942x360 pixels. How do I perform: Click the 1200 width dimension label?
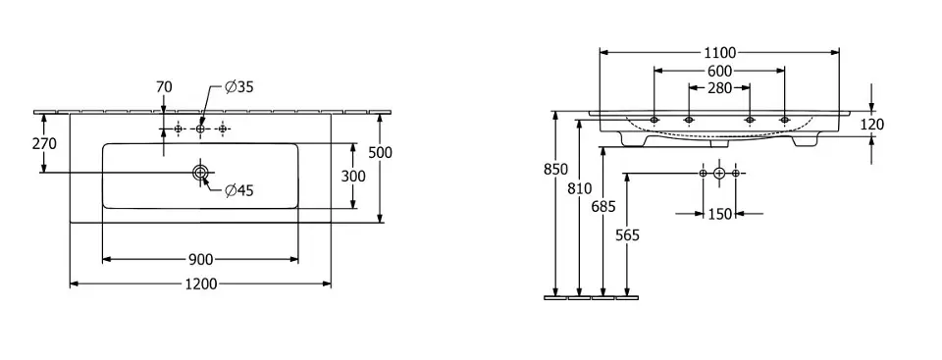point(200,283)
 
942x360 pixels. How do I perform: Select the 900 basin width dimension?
point(200,260)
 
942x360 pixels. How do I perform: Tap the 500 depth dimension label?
point(380,153)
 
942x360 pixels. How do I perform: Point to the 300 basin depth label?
point(353,177)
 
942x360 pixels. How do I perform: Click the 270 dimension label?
point(44,144)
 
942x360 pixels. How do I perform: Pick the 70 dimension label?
point(164,87)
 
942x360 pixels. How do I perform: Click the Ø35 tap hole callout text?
point(239,87)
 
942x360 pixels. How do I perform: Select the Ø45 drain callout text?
point(239,191)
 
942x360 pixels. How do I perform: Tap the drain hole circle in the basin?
point(200,173)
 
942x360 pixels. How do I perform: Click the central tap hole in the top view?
point(200,129)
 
